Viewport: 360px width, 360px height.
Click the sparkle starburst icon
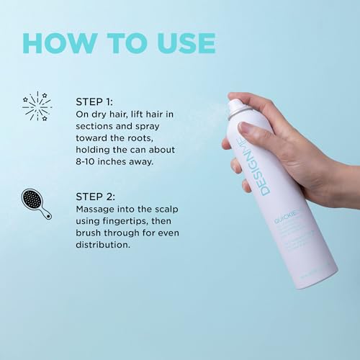(x=37, y=106)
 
